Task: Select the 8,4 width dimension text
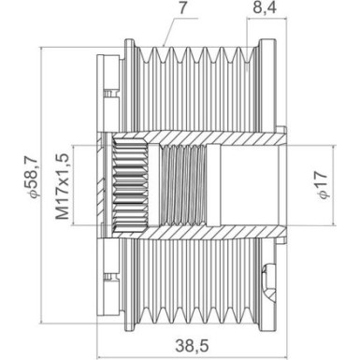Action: pyautogui.click(x=264, y=8)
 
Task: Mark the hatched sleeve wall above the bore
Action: pyautogui.click(x=224, y=139)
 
